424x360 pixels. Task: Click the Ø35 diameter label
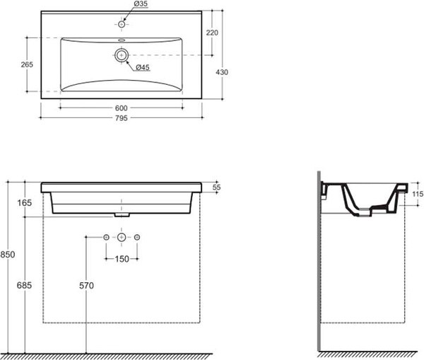141,4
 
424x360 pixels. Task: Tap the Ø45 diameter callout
143,67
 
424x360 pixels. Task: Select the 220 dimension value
212,33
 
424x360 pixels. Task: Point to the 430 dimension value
222,72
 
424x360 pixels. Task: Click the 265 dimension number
27,64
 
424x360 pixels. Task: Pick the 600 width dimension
121,108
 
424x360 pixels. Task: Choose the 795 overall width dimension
121,118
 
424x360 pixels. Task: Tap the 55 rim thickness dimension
216,187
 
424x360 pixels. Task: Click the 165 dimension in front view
25,203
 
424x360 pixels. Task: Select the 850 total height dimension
8,255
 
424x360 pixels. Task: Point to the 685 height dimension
24,285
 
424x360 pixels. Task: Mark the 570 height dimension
86,286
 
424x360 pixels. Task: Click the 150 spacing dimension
122,259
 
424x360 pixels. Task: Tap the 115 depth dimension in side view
418,194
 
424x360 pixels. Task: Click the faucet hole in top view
122,25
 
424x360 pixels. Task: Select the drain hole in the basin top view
122,55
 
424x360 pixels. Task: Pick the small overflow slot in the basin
122,41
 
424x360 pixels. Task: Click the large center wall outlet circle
122,238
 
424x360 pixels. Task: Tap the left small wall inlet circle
106,238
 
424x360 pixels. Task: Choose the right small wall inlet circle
137,238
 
